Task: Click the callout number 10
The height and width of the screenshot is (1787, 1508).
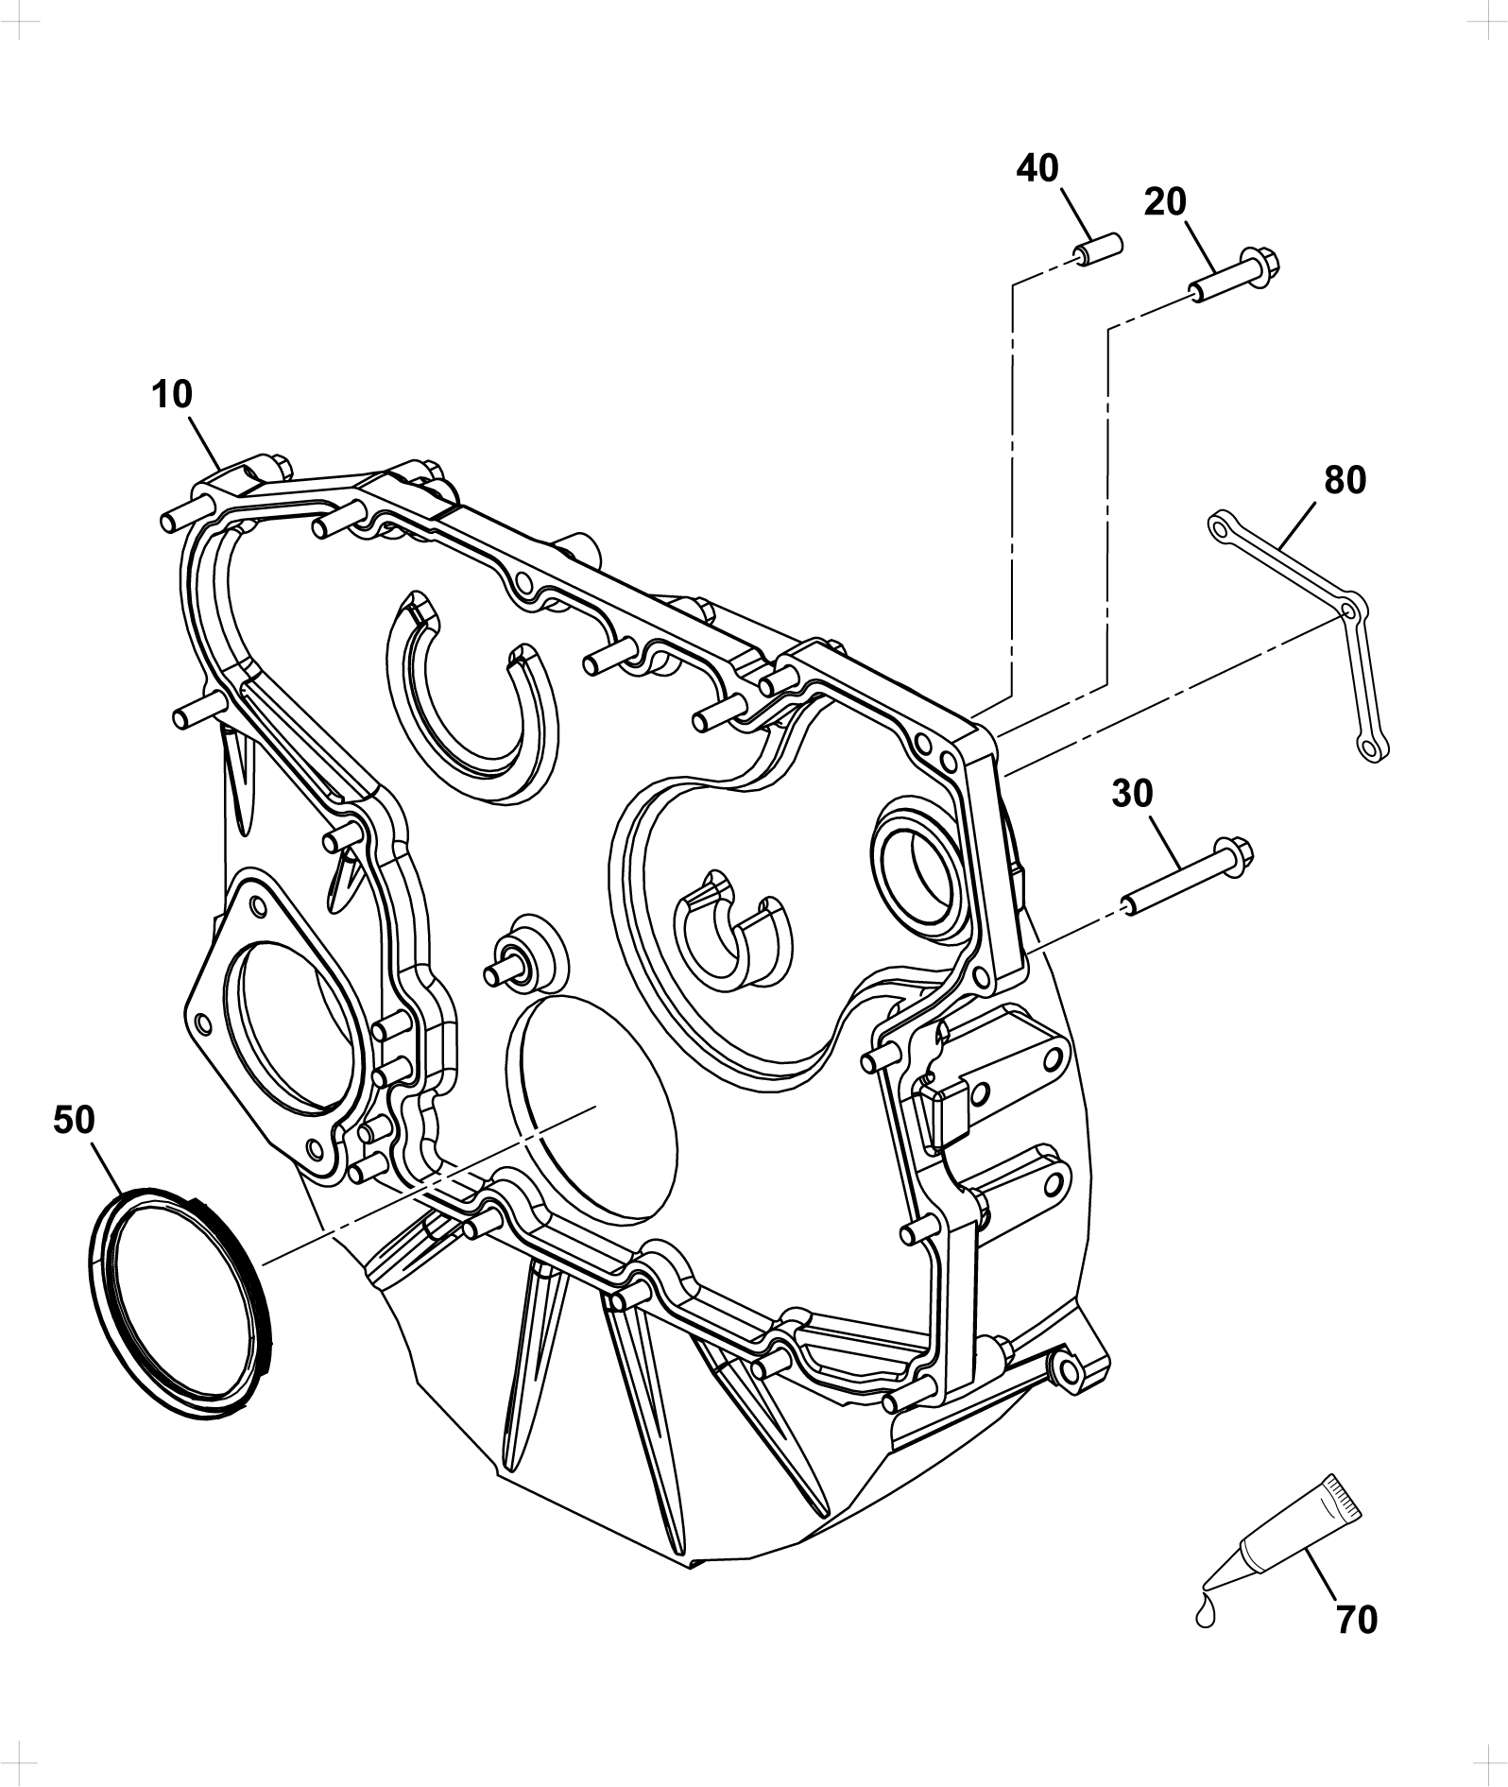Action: pyautogui.click(x=171, y=394)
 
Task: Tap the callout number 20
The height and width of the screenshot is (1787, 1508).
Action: pyautogui.click(x=1165, y=201)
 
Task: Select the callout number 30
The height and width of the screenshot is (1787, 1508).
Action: pyautogui.click(x=1132, y=794)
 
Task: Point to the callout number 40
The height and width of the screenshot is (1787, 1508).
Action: pyautogui.click(x=1037, y=168)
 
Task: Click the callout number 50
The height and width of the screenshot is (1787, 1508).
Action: pyautogui.click(x=75, y=1121)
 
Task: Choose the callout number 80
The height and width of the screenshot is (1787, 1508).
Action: pyautogui.click(x=1345, y=480)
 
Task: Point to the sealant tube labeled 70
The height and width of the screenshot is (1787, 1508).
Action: pyautogui.click(x=1297, y=1542)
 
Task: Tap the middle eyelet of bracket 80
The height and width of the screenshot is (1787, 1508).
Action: pyautogui.click(x=1353, y=610)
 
